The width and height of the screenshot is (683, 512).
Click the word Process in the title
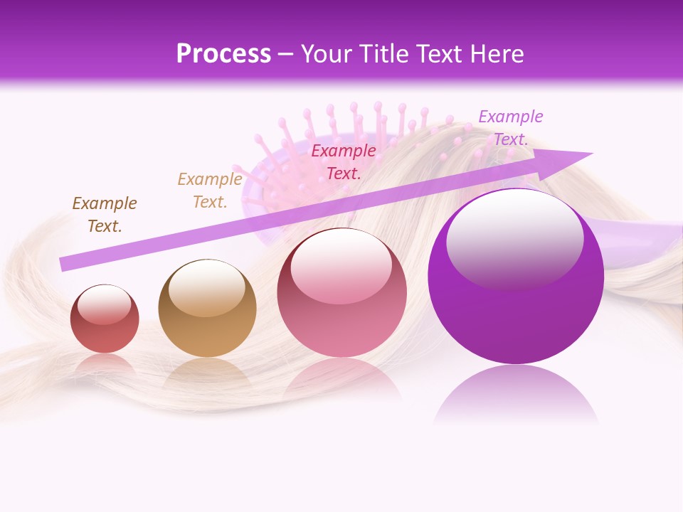pyautogui.click(x=223, y=53)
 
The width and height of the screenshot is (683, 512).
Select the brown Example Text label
pyautogui.click(x=105, y=215)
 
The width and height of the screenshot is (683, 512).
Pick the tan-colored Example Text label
pyautogui.click(x=210, y=191)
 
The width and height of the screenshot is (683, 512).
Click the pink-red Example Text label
pyautogui.click(x=344, y=161)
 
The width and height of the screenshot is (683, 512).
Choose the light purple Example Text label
pyautogui.click(x=511, y=128)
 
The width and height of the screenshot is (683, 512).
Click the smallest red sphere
pyautogui.click(x=105, y=331)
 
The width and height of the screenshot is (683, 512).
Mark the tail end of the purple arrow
pyautogui.click(x=63, y=264)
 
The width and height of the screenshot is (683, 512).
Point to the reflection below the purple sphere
pyautogui.click(x=516, y=395)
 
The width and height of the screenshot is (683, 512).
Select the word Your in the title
pyautogui.click(x=324, y=53)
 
